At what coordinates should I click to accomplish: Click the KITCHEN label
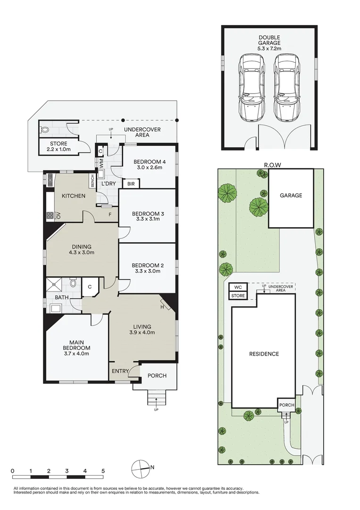pyautogui.click(x=74, y=195)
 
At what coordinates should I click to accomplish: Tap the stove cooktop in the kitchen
pyautogui.click(x=50, y=216)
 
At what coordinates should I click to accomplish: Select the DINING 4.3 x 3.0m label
pyautogui.click(x=82, y=249)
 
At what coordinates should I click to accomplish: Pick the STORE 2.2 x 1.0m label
pyautogui.click(x=57, y=146)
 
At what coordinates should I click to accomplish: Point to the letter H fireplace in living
pyautogui.click(x=163, y=306)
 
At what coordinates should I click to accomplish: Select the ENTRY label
pyautogui.click(x=120, y=371)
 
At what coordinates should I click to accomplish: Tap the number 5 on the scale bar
pyautogui.click(x=103, y=471)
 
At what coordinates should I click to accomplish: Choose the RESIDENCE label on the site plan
pyautogui.click(x=264, y=354)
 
